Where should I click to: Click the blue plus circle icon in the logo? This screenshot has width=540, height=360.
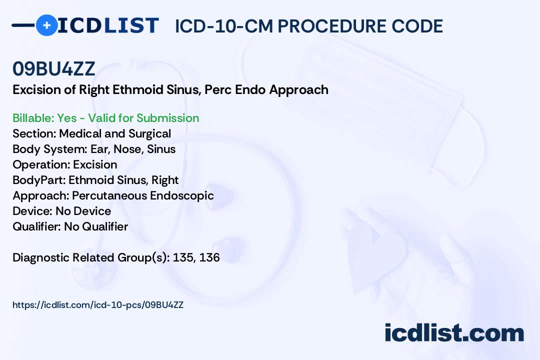click(x=46, y=25)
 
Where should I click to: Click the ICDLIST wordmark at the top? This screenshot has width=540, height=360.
click(x=108, y=25)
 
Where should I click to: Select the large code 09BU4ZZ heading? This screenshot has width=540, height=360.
click(x=53, y=68)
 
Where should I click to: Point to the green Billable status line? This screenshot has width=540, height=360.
click(x=105, y=118)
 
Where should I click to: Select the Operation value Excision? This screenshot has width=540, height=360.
click(x=95, y=164)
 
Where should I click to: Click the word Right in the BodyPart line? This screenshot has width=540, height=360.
click(x=165, y=180)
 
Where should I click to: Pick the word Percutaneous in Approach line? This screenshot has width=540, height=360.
click(x=109, y=195)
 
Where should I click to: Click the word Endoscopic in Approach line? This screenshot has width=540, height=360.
click(x=182, y=195)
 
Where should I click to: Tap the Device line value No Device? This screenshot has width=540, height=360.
click(x=83, y=211)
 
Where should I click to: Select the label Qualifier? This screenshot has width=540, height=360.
click(x=37, y=226)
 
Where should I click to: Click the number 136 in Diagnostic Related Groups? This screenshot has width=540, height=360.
click(x=209, y=257)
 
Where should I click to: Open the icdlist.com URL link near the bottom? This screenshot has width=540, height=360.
click(x=98, y=305)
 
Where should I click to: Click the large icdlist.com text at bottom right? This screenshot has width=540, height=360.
click(x=454, y=332)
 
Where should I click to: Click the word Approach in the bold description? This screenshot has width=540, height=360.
click(x=298, y=90)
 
